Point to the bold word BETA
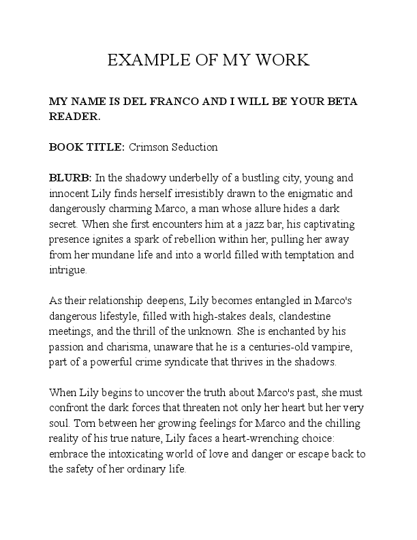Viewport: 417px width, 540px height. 341,102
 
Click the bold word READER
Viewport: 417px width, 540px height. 74,117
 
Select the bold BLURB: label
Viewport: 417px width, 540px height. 70,177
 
